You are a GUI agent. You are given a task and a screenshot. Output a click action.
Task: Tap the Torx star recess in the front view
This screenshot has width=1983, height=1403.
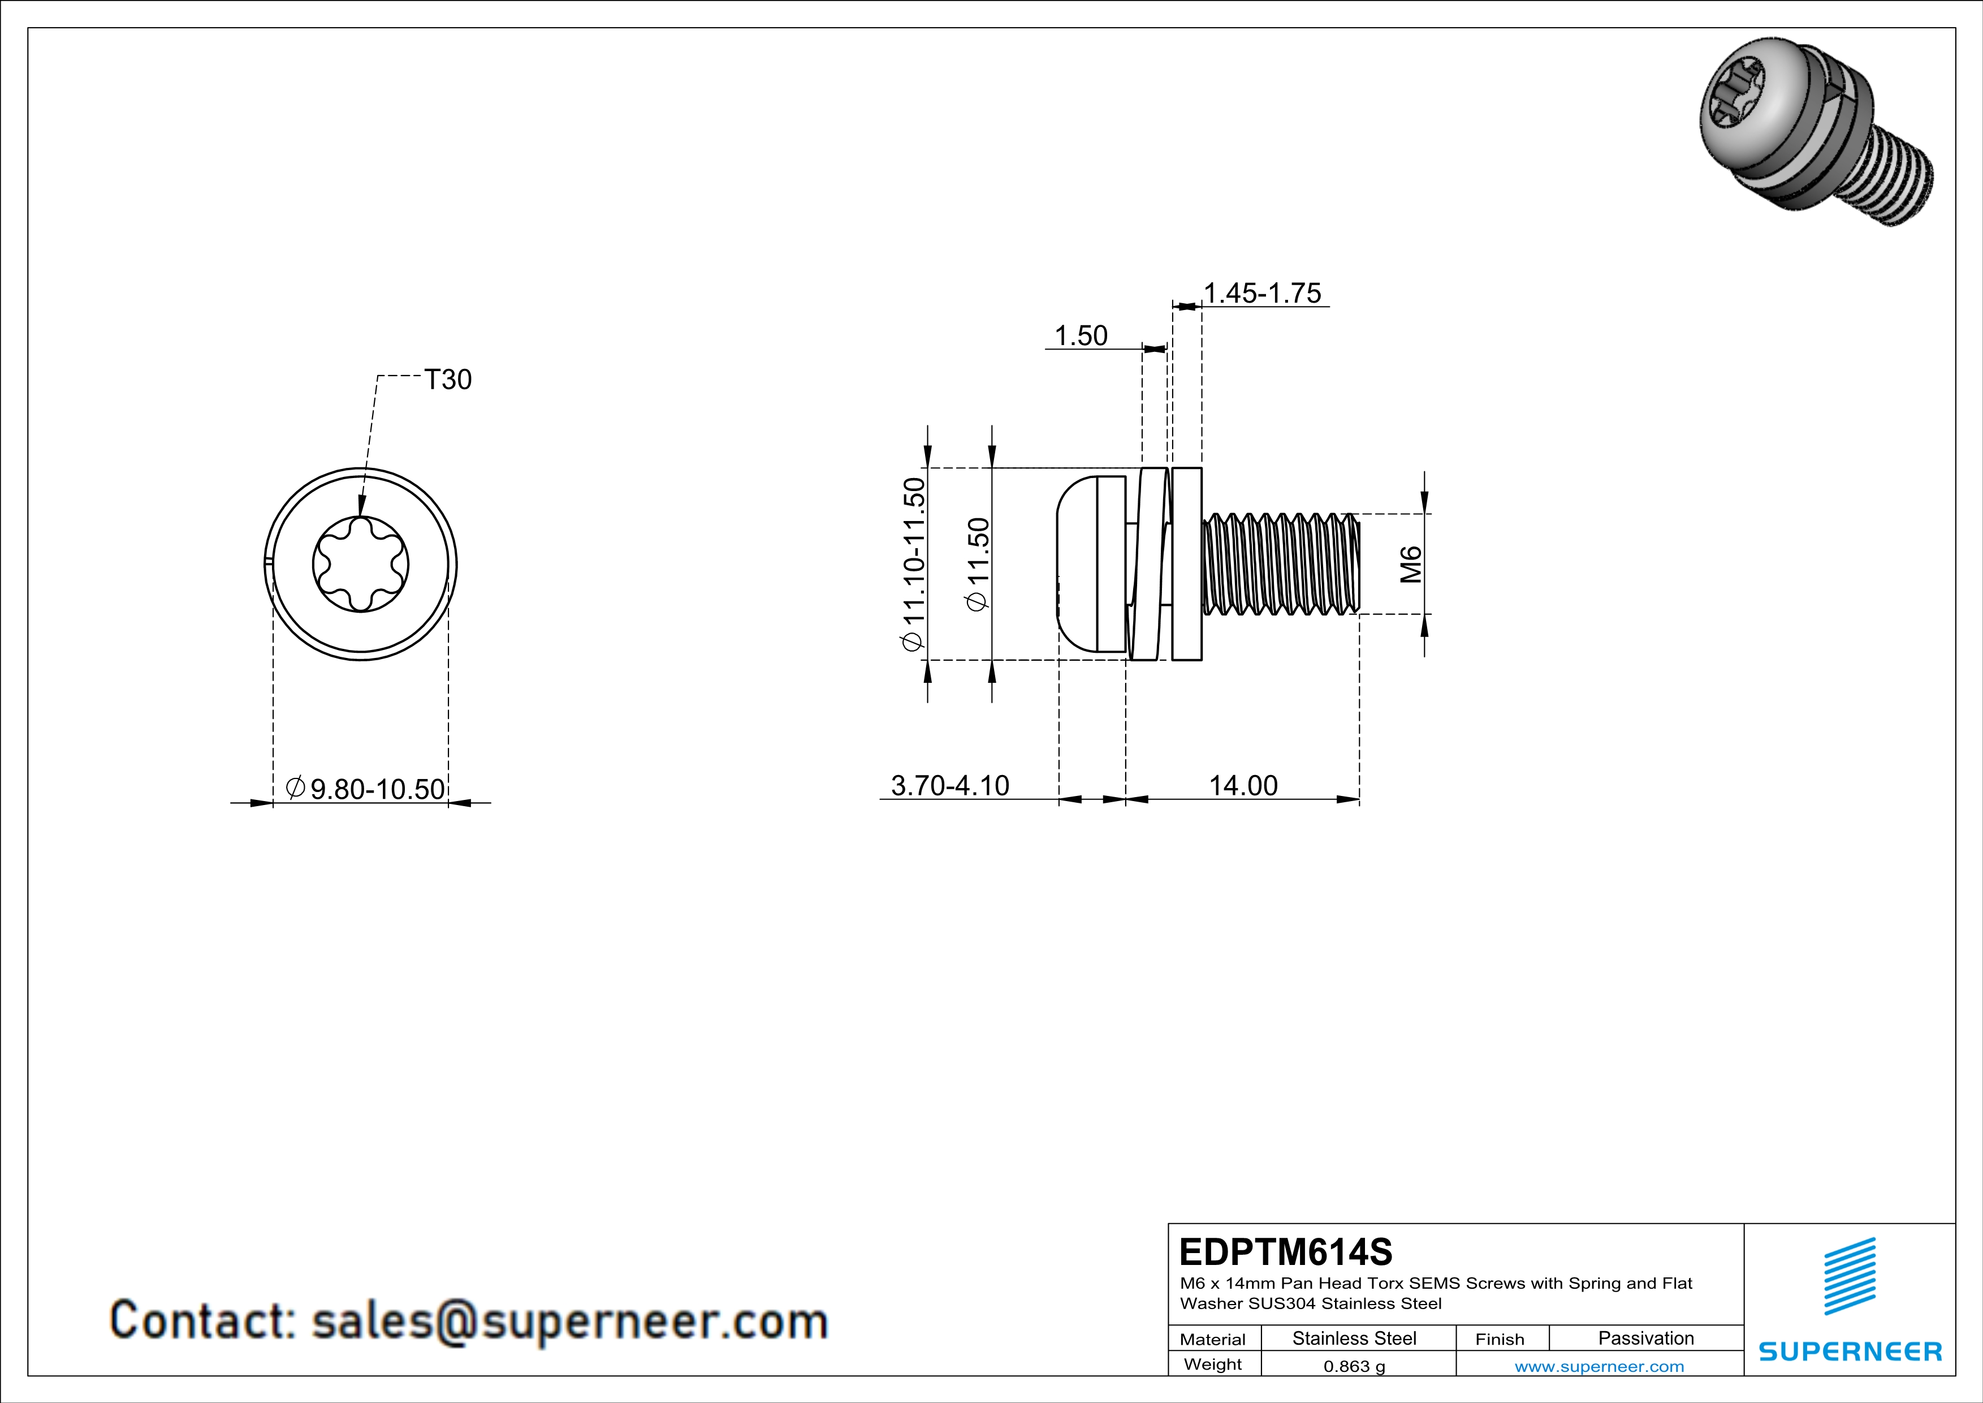coord(360,565)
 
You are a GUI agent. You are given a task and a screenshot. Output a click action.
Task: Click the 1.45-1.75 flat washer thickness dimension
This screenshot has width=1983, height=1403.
coord(1262,294)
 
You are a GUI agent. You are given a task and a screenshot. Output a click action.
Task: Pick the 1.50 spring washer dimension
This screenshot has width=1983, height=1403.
coord(1081,336)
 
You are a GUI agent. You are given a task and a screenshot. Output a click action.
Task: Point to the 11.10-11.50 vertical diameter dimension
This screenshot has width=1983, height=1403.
coord(914,563)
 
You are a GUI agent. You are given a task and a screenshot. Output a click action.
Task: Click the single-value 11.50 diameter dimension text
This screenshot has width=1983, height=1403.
coord(979,564)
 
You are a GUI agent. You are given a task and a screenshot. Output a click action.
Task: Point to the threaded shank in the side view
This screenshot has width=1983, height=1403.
coord(1280,564)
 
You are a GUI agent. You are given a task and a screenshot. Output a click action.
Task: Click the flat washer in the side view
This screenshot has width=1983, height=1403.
coord(1187,564)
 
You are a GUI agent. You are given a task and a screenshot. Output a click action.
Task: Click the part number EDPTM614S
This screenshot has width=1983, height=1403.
coord(1285,1252)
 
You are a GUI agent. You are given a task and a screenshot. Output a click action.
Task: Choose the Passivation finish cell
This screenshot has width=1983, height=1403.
coord(1645,1338)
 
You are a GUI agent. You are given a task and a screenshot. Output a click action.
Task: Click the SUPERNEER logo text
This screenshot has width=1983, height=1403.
coord(1850,1351)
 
